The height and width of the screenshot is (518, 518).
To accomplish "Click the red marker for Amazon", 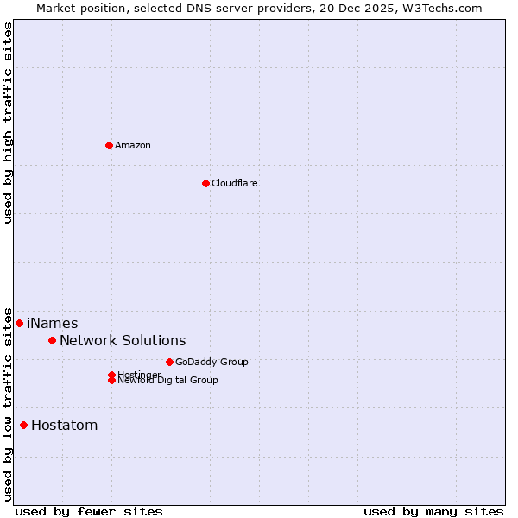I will [x=109, y=145].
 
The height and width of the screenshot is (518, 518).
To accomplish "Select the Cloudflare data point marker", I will [x=205, y=183].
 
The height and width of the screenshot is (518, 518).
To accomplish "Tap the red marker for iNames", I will [x=19, y=323].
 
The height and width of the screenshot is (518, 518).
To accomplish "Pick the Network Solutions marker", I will [x=52, y=340].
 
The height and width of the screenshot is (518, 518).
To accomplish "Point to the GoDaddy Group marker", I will [x=169, y=362].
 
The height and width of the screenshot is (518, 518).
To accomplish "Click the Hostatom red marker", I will [x=23, y=425].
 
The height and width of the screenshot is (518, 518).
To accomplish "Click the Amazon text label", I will [x=133, y=145].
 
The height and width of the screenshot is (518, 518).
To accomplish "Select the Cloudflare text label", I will [x=235, y=183].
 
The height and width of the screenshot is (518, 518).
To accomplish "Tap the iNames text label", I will [x=53, y=323].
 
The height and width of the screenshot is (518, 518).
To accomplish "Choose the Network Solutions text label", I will [x=123, y=340].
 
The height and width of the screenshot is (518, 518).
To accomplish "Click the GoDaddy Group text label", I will [x=212, y=362].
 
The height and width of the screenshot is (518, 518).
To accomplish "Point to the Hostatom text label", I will [x=65, y=425].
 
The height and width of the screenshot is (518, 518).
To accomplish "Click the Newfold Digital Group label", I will [x=168, y=381].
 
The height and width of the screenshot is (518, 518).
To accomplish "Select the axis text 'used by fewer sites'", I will [x=89, y=511].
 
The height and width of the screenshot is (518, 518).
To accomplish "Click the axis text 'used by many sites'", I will [x=433, y=511].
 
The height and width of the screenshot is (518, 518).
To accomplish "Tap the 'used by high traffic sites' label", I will [x=8, y=123].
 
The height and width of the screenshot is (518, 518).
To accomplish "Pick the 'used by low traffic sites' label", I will [x=8, y=403].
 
